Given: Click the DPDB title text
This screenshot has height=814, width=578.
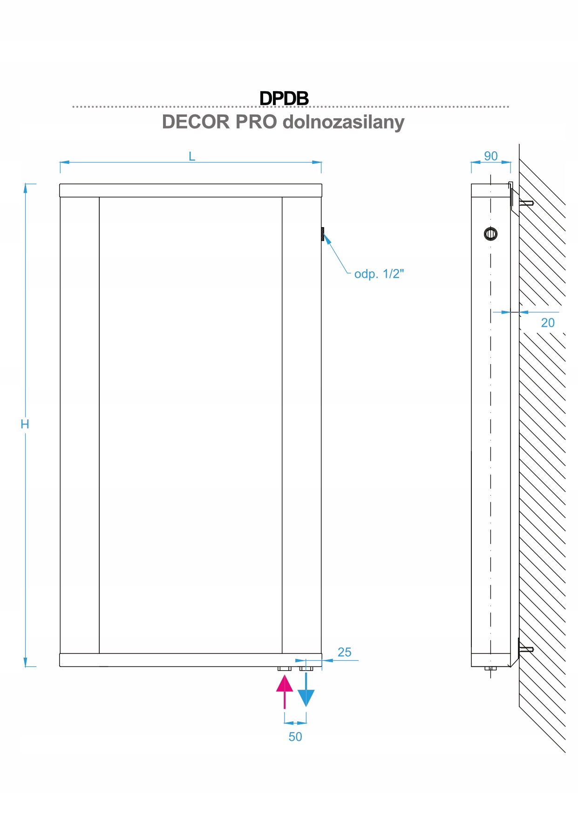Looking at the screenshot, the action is point(284,98).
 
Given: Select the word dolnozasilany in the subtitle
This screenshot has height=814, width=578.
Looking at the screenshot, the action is point(343,122).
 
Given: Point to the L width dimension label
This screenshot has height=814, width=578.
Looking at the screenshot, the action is point(191,156).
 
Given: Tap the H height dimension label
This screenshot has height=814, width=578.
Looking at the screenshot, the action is point(25,424).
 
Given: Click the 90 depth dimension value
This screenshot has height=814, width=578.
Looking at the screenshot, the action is point(490,156).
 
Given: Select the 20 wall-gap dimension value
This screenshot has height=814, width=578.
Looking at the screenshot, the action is point(547,323).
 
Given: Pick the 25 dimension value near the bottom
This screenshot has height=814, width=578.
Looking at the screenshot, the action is point(344,652).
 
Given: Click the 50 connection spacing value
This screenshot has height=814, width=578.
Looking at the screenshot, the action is point(295,737).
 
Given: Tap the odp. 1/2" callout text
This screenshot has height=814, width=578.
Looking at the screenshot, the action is point(379,274).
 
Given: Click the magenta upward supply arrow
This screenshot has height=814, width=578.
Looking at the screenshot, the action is point(285,691).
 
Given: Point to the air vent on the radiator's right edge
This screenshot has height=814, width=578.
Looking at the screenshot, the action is point(322,234).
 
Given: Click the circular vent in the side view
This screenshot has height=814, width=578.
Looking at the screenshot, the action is point(490,233).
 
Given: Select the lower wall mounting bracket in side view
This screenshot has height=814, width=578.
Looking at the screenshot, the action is point(524,648).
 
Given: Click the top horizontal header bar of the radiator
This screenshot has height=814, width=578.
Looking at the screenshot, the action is point(190,190).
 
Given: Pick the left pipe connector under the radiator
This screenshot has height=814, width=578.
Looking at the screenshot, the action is point(284,669).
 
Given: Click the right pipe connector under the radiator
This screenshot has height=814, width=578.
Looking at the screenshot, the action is point(306,669).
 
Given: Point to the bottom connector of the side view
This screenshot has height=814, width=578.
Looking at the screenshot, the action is point(490,668).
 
